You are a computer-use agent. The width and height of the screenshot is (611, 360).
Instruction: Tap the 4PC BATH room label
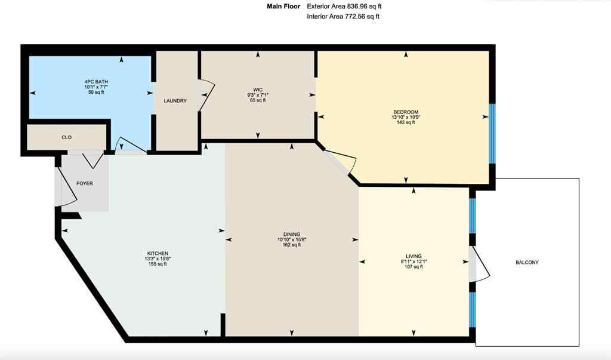click(96, 81)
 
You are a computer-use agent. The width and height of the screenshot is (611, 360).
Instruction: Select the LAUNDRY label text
click(175, 101)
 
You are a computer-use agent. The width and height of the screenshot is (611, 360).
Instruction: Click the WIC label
click(258, 90)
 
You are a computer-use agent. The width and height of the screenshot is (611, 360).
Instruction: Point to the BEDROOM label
click(406, 112)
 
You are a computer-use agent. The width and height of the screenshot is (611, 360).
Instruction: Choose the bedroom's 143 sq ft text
click(405, 123)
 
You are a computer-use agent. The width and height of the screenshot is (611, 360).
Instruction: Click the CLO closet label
click(67, 137)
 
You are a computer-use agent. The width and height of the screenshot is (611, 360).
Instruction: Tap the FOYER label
click(85, 183)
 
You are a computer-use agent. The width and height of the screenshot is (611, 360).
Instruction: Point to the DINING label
click(292, 234)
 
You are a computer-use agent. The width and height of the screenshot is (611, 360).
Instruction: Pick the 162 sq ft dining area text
click(292, 245)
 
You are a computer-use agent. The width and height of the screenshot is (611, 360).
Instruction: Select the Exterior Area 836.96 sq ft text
click(344, 6)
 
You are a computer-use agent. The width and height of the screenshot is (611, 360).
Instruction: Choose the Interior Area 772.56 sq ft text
click(343, 17)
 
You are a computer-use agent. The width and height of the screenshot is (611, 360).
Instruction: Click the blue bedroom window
click(492, 133)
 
